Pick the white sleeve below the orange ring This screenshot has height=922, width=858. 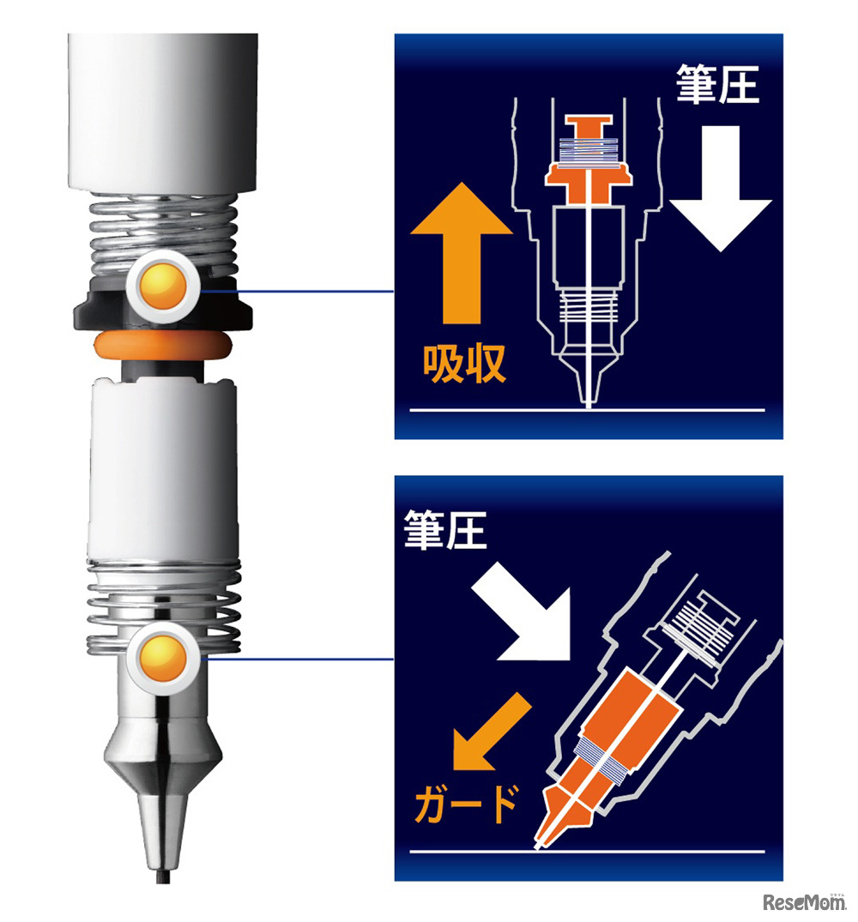coord(162,463)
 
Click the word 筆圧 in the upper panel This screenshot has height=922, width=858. coord(716,86)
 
